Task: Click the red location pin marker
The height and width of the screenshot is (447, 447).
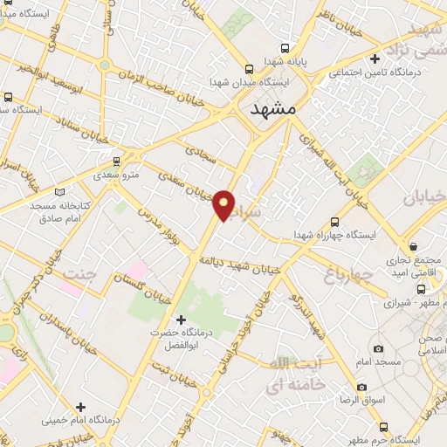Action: (x=224, y=204)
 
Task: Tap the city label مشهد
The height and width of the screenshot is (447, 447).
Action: (x=272, y=110)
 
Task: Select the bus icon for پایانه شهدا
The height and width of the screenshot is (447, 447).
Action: (x=250, y=68)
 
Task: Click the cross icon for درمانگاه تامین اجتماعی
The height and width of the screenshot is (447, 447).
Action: (x=375, y=60)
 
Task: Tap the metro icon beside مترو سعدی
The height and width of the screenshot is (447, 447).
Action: (x=117, y=162)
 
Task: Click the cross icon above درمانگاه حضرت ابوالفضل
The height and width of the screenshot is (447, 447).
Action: (x=181, y=319)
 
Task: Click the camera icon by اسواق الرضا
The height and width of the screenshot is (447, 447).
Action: (x=361, y=387)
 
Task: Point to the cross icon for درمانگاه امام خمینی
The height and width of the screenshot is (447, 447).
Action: (x=80, y=406)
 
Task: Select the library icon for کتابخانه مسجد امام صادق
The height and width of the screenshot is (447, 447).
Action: (x=59, y=191)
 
